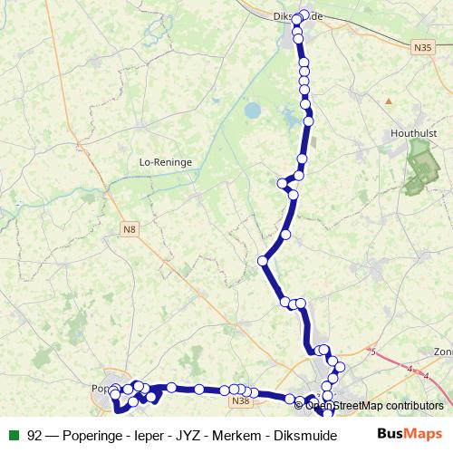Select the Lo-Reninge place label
click(165, 162)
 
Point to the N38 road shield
click(240, 400)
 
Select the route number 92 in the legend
click(35, 433)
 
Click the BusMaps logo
click(410, 433)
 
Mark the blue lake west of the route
click(251, 111)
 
